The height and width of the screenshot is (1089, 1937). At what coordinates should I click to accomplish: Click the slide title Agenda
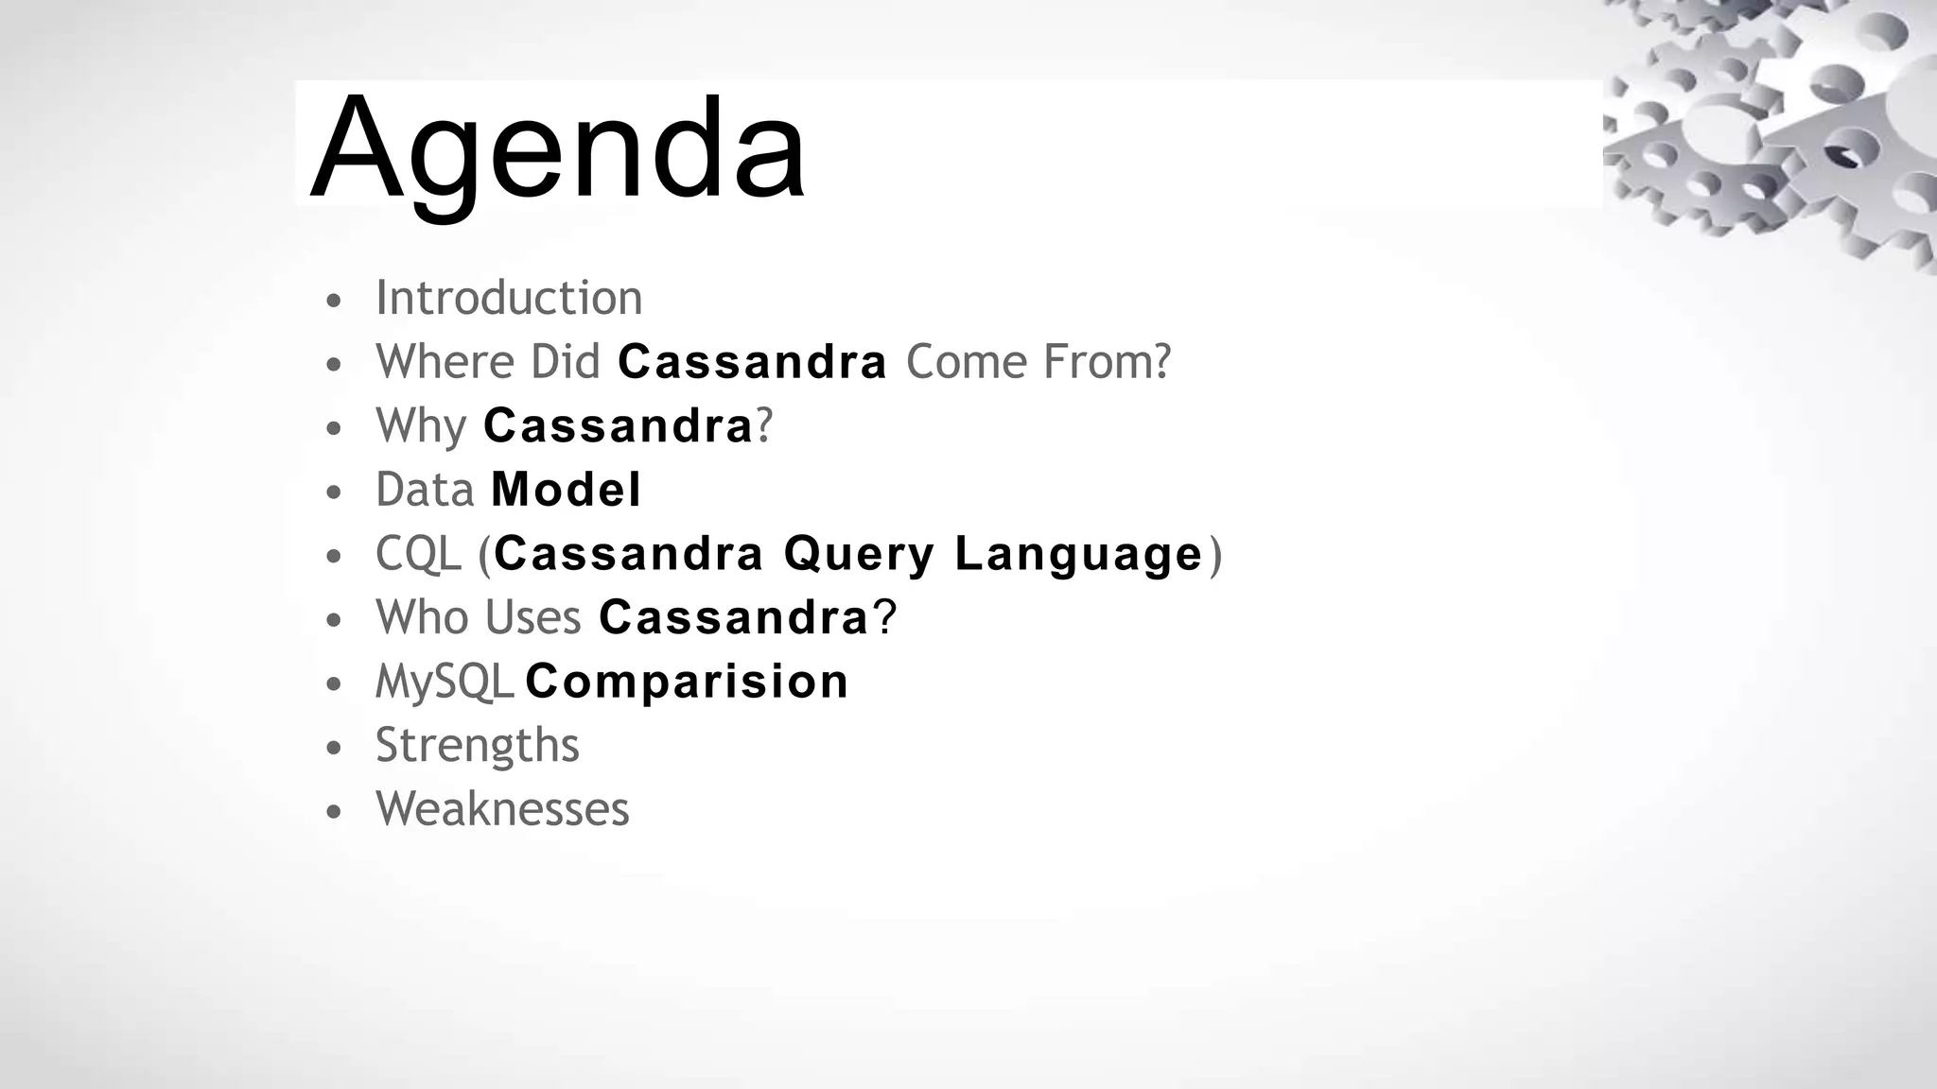coord(558,149)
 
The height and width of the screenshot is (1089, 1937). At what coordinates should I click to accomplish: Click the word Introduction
coord(509,298)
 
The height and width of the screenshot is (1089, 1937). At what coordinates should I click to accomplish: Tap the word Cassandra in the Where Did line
coord(752,362)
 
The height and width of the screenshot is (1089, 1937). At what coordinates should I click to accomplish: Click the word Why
coord(421,426)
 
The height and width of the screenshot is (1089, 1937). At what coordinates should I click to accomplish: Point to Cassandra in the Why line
coord(618,426)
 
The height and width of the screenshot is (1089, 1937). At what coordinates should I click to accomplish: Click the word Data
coord(425,490)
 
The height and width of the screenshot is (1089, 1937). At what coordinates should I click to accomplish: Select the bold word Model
coord(566,490)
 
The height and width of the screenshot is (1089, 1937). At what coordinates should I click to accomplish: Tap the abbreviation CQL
coord(418,554)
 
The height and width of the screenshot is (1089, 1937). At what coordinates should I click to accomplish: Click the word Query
coord(859,554)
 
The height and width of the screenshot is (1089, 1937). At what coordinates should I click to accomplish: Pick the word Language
coord(1078,554)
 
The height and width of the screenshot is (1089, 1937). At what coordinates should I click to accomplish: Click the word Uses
coord(532,617)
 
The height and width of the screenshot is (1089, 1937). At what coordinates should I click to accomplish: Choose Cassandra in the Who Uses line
coord(734,617)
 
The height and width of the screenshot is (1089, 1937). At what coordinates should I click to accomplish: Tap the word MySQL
coord(444,682)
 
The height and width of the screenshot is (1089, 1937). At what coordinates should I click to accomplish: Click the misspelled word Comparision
coord(687,682)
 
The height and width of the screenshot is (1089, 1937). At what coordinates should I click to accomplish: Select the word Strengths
coord(477,745)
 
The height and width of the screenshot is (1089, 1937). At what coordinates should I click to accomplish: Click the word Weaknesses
coord(502,809)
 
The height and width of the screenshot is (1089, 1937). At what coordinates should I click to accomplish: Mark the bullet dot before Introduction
coord(332,302)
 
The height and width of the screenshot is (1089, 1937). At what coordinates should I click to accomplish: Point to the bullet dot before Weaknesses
coord(332,812)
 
